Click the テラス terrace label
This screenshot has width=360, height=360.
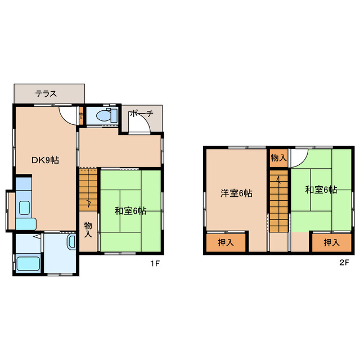[x=46, y=94]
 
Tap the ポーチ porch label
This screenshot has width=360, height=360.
[x=141, y=114]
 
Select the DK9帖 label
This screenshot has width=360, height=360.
[x=44, y=160]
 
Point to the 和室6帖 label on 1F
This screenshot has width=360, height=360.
[x=130, y=211]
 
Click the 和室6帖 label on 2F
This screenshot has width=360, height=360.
[x=321, y=190]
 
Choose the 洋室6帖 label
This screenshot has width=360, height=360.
[x=236, y=193]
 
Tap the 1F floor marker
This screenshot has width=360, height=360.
[x=156, y=263]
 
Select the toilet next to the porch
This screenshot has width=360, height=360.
[x=105, y=116]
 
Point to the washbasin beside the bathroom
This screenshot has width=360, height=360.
[x=71, y=242]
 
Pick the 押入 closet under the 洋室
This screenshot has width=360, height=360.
[x=226, y=243]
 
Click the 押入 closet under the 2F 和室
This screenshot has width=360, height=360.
[x=332, y=243]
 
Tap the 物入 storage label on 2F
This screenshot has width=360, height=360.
[x=278, y=158]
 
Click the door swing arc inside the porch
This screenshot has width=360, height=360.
[x=139, y=125]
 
